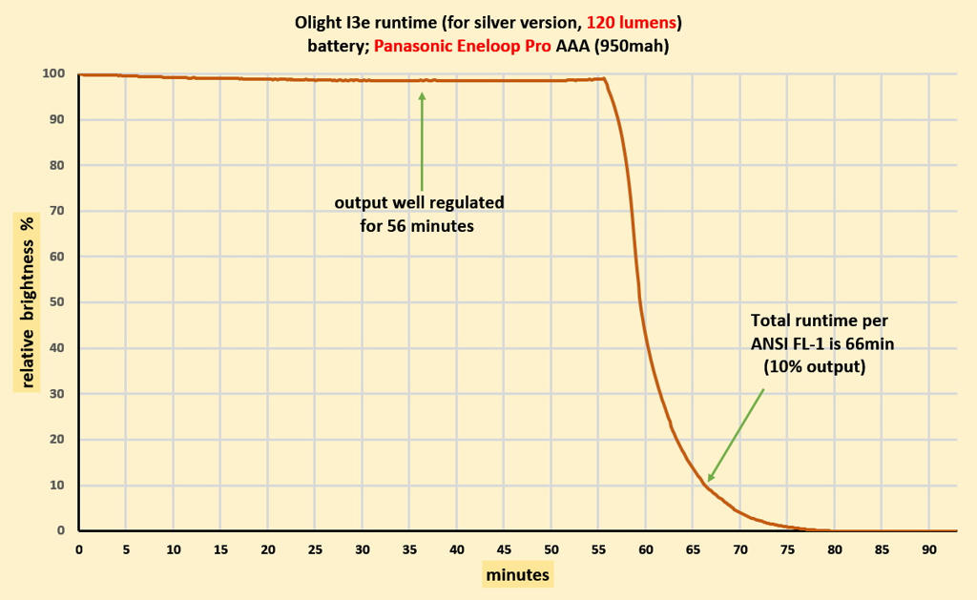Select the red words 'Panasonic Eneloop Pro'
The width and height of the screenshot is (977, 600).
point(462,46)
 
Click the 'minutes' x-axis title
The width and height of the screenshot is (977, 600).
point(517,575)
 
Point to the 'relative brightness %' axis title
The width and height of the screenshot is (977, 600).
point(27,302)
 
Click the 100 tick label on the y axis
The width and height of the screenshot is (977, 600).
point(53,73)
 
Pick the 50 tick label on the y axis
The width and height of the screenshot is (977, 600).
point(57,302)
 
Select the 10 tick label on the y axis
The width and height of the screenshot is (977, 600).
point(57,485)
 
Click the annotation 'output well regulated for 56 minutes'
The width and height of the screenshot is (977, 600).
point(418,215)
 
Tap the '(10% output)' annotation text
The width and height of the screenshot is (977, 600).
point(814,366)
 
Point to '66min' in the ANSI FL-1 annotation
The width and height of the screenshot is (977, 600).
point(869,343)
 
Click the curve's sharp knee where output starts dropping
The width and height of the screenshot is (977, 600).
point(604,79)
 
